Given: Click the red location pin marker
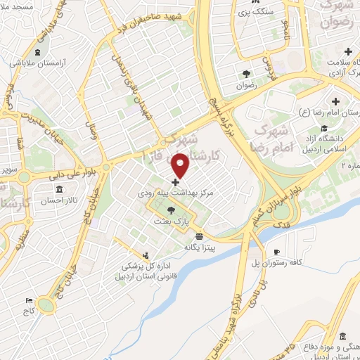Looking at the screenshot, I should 181,165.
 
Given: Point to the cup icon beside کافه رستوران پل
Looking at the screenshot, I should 277,252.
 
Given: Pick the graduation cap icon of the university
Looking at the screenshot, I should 323,128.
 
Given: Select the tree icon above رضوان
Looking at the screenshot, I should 245,72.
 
